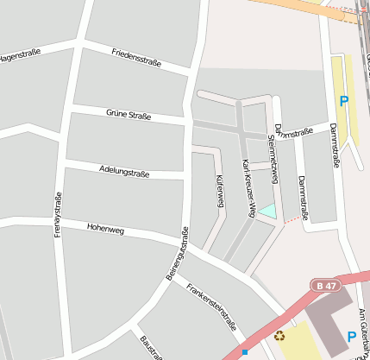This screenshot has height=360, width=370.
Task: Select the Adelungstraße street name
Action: click(x=124, y=172)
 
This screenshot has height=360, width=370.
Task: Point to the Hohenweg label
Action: click(x=105, y=230)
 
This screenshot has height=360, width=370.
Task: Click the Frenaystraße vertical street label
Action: click(x=58, y=215)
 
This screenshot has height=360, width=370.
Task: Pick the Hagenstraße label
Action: click(x=19, y=56)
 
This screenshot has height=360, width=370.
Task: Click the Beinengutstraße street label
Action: click(x=177, y=254)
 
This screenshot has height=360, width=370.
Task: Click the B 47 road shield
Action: click(x=325, y=286)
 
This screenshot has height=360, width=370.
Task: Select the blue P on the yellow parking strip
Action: click(x=343, y=102)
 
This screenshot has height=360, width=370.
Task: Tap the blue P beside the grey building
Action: click(x=351, y=337)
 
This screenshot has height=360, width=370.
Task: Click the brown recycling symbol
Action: click(x=279, y=336)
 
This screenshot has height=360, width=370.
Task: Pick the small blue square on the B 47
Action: click(x=245, y=352)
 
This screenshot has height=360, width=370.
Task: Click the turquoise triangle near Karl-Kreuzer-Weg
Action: click(x=269, y=211)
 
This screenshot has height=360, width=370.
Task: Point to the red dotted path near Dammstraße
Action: click(x=295, y=221)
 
